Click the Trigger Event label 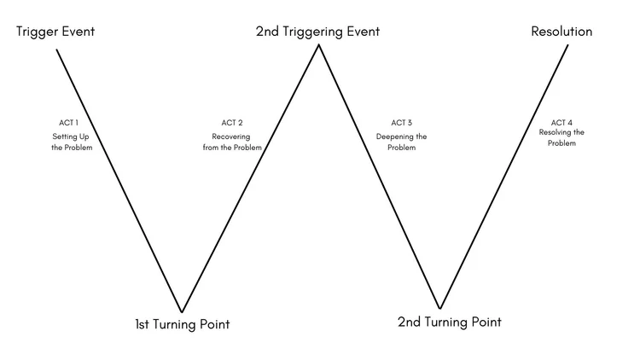tap(55, 32)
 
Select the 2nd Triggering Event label tap(317, 32)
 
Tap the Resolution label tap(561, 32)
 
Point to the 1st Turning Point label tap(182, 324)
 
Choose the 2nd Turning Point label tap(450, 322)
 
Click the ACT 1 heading tap(70, 123)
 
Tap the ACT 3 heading tap(402, 123)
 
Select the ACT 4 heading tap(561, 122)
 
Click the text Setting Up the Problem tap(70, 142)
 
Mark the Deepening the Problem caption tap(402, 142)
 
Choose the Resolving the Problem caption tap(561, 137)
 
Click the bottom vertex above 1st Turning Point tap(182, 311)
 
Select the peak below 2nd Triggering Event tap(319, 44)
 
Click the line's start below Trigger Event tap(57, 49)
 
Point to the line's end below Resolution tap(567, 44)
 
